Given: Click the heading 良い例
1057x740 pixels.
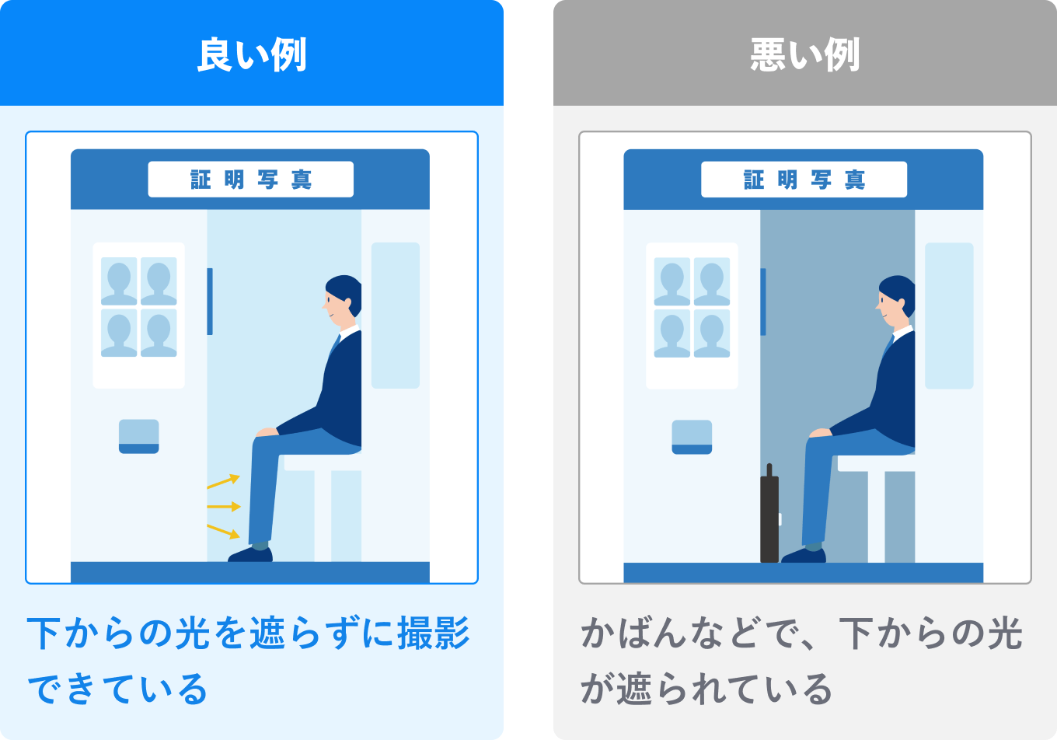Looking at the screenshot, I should tap(252, 54).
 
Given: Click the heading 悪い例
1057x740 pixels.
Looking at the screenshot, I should tap(804, 54).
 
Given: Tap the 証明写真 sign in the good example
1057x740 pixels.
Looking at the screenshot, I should tap(250, 180).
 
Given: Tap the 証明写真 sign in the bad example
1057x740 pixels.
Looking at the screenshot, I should tap(804, 180).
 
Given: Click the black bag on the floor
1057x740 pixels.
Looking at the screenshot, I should tap(769, 517).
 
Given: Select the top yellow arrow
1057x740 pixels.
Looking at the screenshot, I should tap(224, 482).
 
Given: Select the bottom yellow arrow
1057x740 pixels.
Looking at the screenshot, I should tap(224, 531).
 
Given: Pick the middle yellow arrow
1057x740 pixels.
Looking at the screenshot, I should tap(224, 507).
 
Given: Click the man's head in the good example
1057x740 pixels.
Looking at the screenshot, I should tap(342, 299).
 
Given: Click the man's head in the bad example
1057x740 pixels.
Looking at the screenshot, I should tap(895, 299).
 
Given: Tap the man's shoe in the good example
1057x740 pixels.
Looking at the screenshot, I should tap(251, 554).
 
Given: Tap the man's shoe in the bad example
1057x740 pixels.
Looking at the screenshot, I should tap(804, 554).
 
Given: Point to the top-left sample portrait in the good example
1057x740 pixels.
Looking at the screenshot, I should tap(119, 281).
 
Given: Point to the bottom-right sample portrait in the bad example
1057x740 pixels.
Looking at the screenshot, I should tap(712, 333).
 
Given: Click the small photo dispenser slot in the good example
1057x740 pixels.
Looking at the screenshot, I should tap(138, 436).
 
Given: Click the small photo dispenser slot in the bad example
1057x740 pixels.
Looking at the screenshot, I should tap(692, 436).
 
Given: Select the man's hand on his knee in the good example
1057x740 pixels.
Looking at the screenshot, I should tap(267, 432).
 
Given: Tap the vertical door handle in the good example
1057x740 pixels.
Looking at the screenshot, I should tap(210, 302).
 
